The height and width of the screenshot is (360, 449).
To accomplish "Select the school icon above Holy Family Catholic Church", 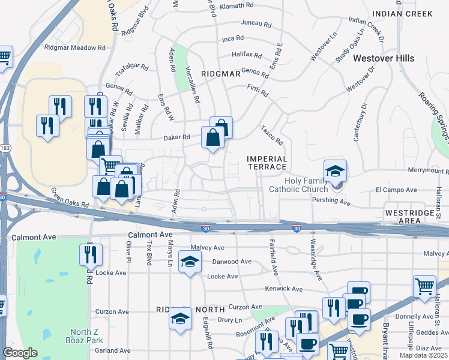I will (x=336, y=171).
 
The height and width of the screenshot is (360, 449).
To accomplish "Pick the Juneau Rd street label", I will (x=256, y=23).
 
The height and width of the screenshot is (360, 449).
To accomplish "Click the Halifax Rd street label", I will (x=247, y=55).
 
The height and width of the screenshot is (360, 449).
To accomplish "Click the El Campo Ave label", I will (x=396, y=190).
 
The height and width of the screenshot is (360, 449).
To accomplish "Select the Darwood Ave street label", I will (x=232, y=262).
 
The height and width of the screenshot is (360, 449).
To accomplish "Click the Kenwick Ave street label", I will (x=286, y=289).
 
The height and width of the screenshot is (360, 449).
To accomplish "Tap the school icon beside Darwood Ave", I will (x=190, y=264).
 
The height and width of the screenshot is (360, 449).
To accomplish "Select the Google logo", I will (x=20, y=353).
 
